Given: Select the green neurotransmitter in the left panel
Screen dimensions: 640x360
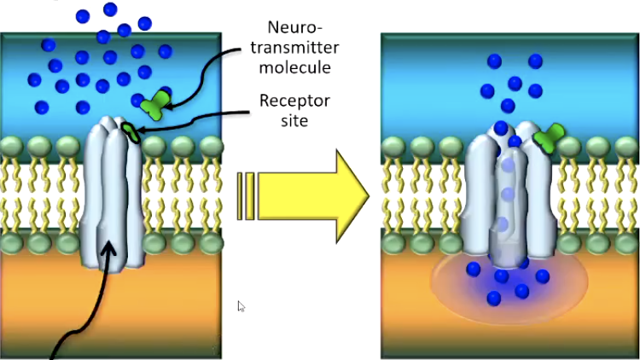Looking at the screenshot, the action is pyautogui.click(x=154, y=104).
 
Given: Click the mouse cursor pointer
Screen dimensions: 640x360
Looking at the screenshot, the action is pyautogui.click(x=241, y=305).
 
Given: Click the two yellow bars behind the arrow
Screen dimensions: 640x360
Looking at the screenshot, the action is pyautogui.click(x=246, y=194).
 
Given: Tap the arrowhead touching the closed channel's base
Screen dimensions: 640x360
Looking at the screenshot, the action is pyautogui.click(x=108, y=249).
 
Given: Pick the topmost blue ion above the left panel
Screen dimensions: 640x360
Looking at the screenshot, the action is pyautogui.click(x=110, y=9).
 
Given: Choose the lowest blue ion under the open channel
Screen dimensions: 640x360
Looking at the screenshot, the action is pyautogui.click(x=494, y=299).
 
